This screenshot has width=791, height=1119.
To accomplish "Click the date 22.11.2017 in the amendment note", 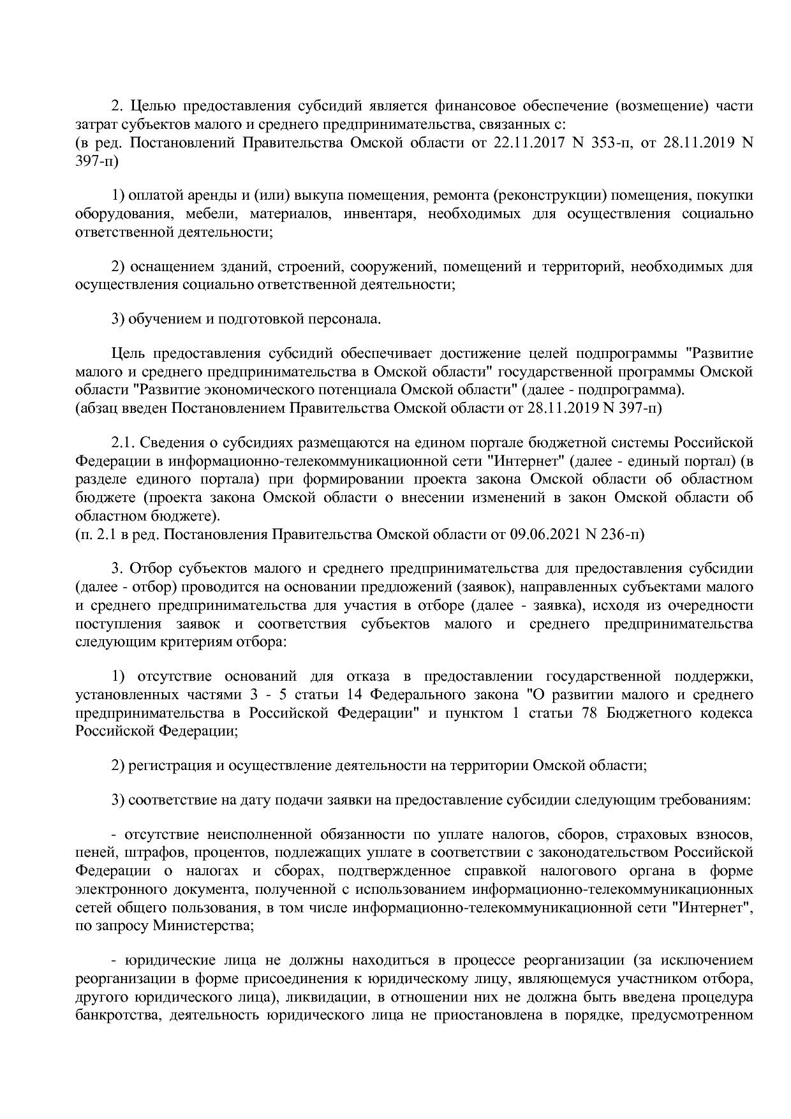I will coord(527,142).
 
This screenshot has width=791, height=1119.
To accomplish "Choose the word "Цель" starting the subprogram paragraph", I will coord(126,353).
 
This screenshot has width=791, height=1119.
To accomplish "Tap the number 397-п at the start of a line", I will coord(97,161).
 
